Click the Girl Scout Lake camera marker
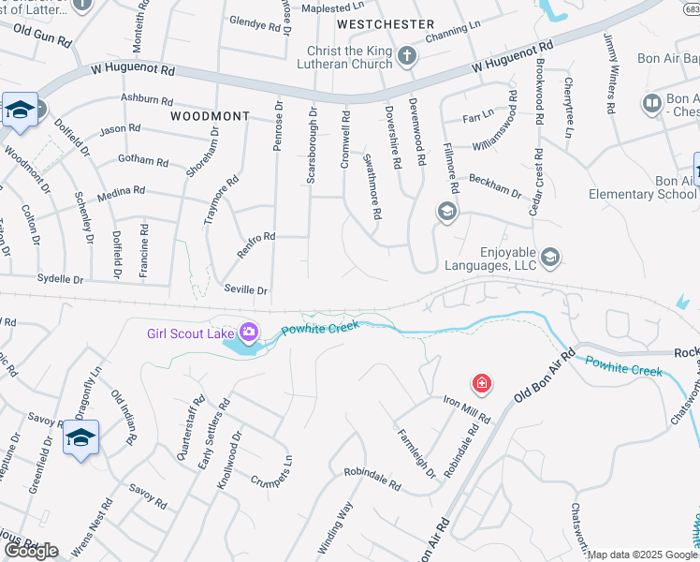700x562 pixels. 249,332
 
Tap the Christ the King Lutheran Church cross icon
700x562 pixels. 407,55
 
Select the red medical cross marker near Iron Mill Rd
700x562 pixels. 482,383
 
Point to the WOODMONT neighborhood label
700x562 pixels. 211,116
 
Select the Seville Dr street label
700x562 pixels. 245,289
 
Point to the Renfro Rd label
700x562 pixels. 255,237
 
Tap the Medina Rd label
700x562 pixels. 125,190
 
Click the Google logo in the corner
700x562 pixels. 31,551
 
